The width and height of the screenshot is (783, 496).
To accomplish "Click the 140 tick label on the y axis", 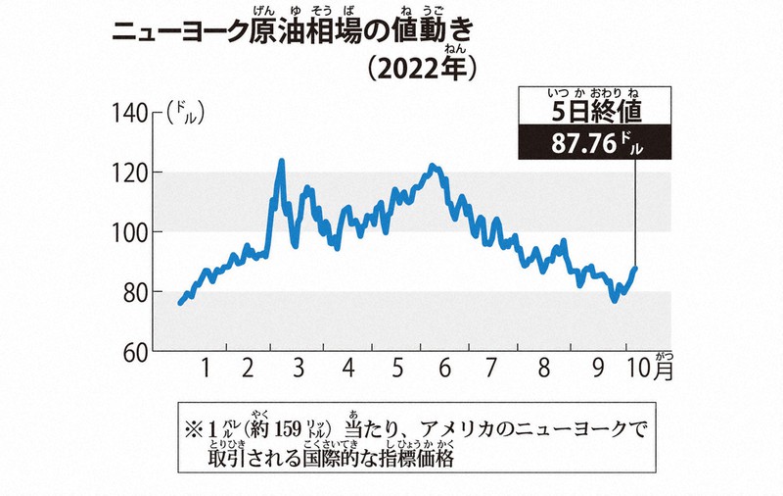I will point(129,114).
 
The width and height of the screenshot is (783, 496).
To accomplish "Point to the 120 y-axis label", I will point(129,174).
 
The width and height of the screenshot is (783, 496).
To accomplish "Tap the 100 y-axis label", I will point(129,232).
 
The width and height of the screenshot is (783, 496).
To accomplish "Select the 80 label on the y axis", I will point(135,292).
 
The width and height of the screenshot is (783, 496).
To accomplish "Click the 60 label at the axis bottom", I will point(135,351).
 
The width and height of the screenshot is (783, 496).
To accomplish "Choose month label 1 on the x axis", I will point(206,370).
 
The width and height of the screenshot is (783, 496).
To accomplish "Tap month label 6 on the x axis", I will point(444,370).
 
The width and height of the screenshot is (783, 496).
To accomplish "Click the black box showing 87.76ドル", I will point(595,144).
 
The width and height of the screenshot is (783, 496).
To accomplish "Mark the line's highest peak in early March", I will point(282,160).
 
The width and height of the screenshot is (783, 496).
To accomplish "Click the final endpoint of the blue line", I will point(635,268).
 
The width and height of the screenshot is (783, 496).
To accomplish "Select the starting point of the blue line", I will point(180,303).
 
